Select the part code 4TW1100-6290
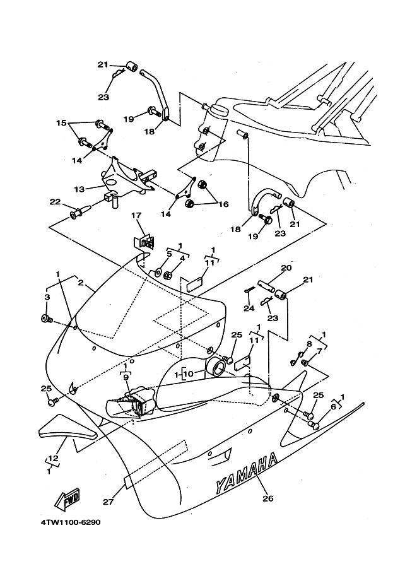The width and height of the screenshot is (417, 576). (71, 522)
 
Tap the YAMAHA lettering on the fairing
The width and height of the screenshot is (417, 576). (247, 473)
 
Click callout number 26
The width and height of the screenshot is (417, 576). (268, 498)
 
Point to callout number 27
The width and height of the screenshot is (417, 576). (108, 501)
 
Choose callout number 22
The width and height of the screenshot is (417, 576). (55, 202)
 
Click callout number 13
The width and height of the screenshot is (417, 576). (79, 189)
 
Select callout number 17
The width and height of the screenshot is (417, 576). (136, 215)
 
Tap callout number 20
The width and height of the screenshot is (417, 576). (286, 267)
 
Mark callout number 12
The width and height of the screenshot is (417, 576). (53, 459)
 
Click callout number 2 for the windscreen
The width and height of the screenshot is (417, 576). (81, 283)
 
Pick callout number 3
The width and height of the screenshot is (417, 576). (47, 297)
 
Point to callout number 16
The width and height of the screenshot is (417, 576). (223, 204)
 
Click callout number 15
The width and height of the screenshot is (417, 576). (61, 122)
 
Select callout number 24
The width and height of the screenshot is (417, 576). (249, 309)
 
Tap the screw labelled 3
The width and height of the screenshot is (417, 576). (47, 319)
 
